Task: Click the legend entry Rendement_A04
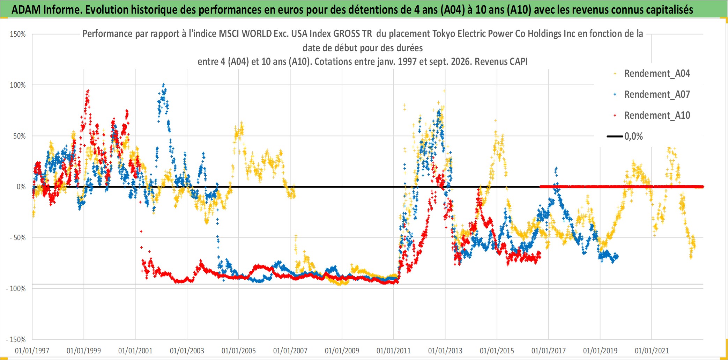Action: click(x=657, y=74)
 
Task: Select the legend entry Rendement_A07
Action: click(x=657, y=95)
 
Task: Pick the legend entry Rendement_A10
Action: click(x=657, y=116)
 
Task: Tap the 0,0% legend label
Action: click(x=633, y=137)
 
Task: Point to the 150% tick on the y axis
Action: click(x=18, y=34)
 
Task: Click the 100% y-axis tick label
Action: click(x=18, y=85)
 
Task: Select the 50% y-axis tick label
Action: click(x=20, y=136)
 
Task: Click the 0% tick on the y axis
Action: click(x=21, y=187)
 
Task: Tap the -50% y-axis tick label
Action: click(x=18, y=238)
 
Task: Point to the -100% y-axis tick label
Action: click(x=16, y=289)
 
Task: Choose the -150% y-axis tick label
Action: click(x=16, y=340)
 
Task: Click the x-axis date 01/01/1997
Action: click(x=32, y=351)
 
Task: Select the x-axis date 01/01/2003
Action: click(x=187, y=351)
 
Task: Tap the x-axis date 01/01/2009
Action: click(x=342, y=351)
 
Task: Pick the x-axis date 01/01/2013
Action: click(x=445, y=351)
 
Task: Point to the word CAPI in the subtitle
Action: click(x=518, y=62)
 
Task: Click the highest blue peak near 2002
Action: click(x=164, y=85)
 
